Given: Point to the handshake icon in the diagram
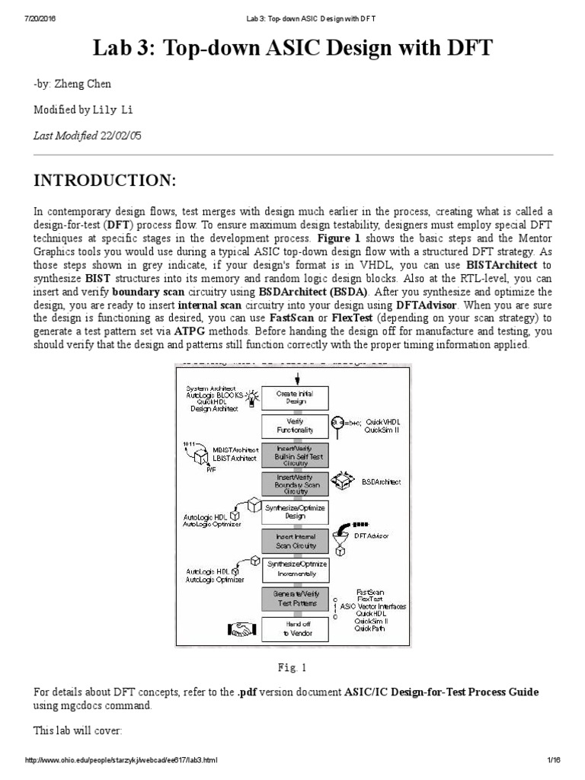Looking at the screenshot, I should tap(241, 629).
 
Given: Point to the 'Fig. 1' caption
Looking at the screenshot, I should tap(292, 668).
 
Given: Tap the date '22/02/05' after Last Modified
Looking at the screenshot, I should tap(120, 136).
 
